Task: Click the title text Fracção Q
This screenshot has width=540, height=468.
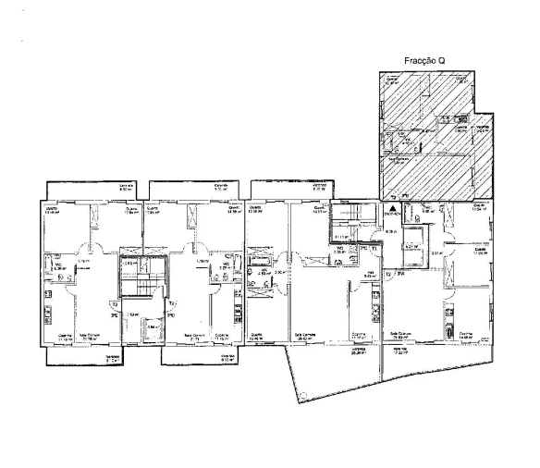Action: pos(426,61)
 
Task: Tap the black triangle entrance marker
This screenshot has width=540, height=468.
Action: pos(392,197)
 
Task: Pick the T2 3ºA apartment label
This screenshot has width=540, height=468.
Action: pos(392,275)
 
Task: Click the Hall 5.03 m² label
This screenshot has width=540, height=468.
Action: pos(367,275)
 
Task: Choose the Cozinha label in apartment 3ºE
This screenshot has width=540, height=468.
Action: pos(65,337)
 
